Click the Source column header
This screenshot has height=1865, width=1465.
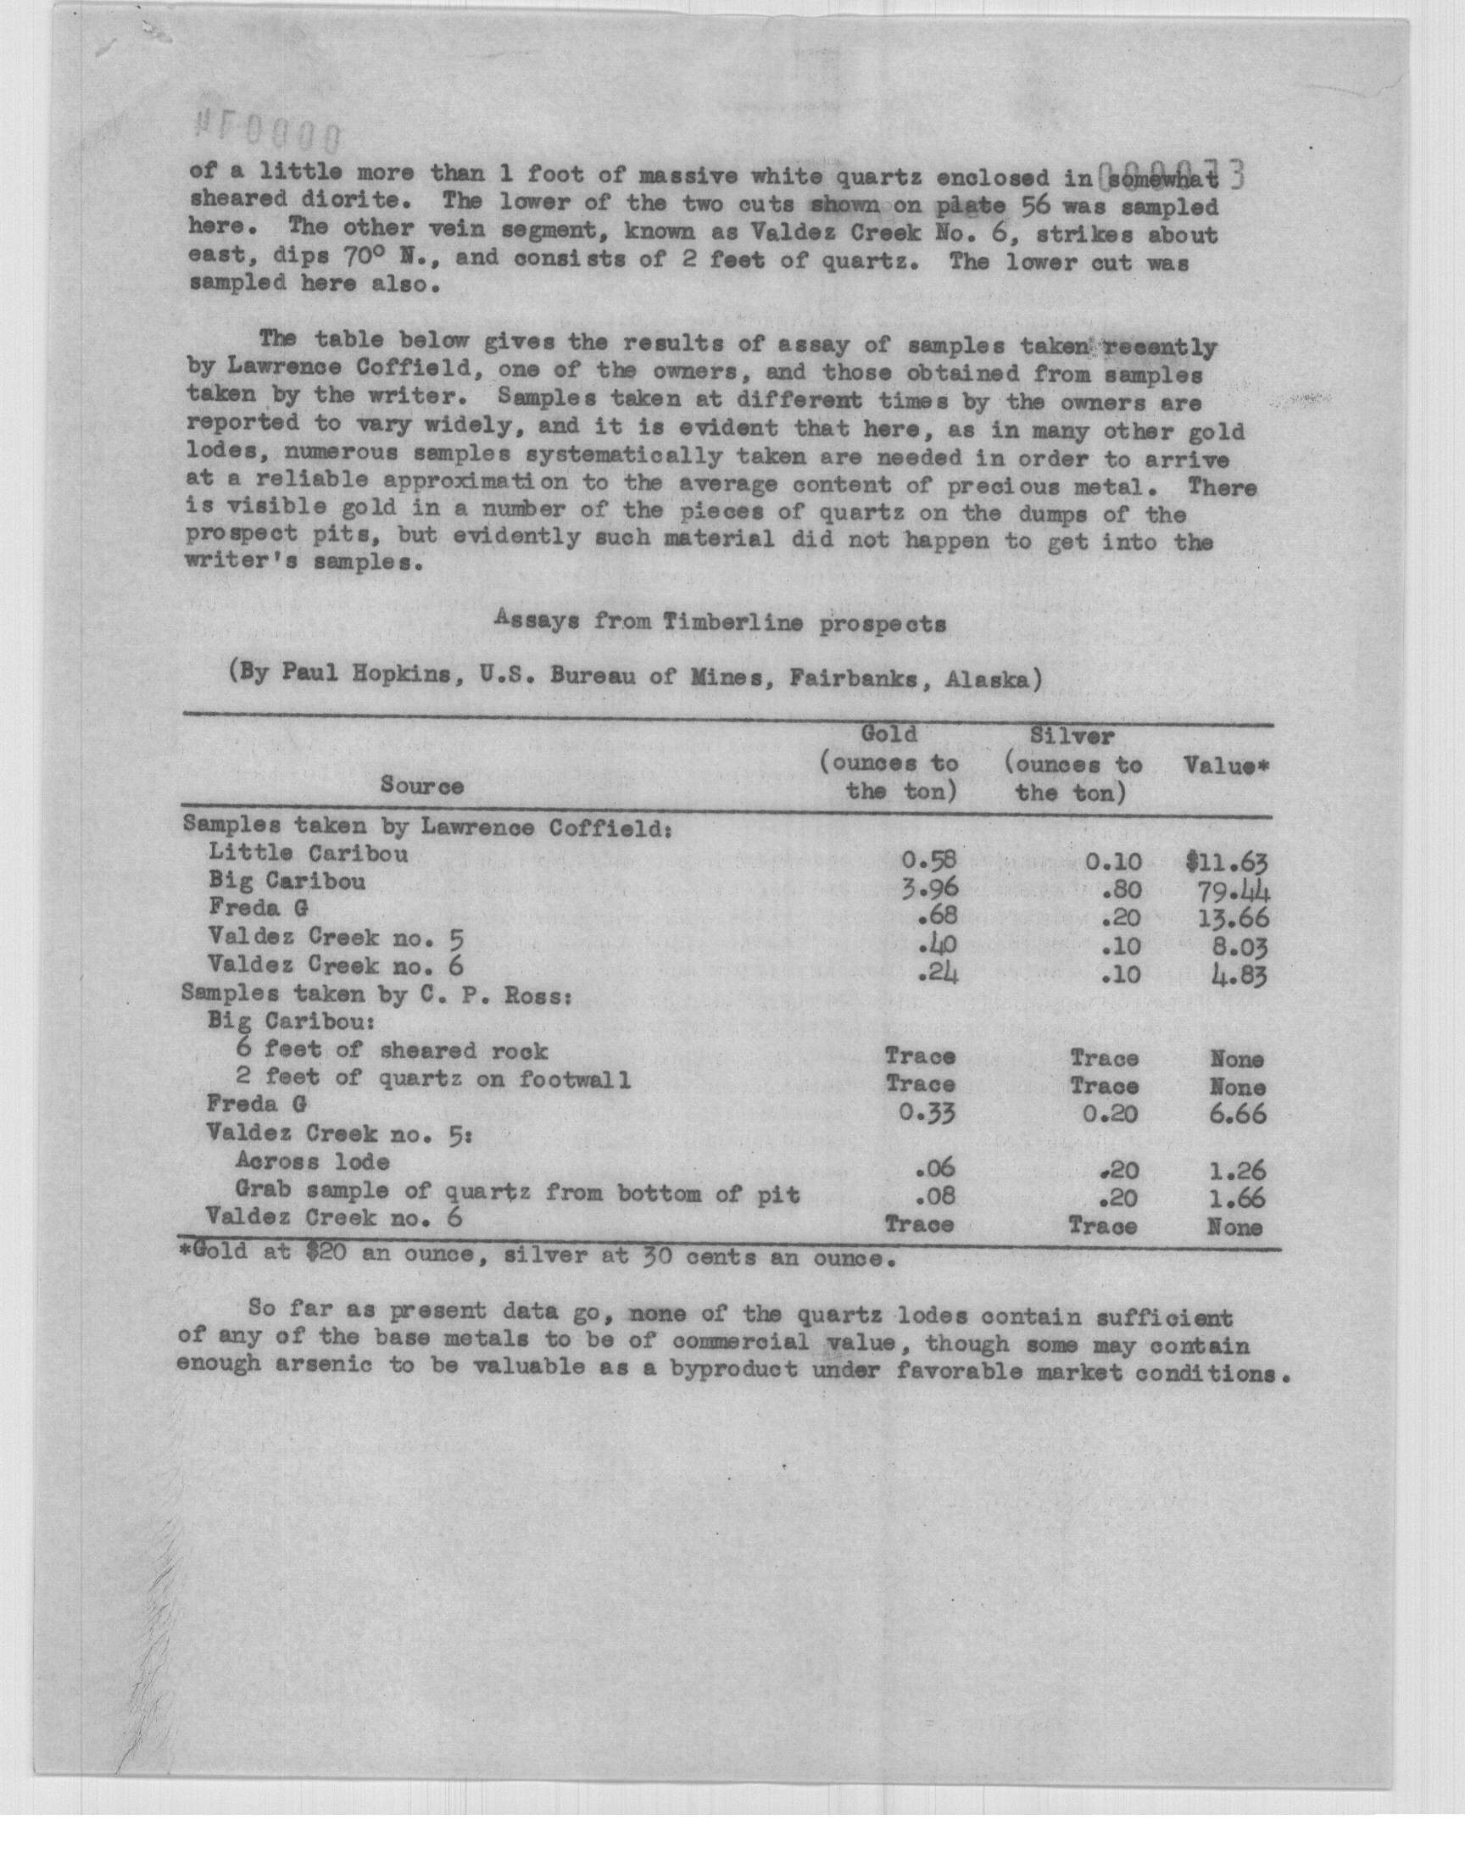pos(422,786)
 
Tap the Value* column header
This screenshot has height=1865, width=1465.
pos(1226,765)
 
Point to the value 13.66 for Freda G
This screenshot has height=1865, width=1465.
pos(1231,919)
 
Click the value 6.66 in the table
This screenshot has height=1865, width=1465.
pos(1238,1115)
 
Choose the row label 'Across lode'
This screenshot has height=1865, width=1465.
pos(312,1161)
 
